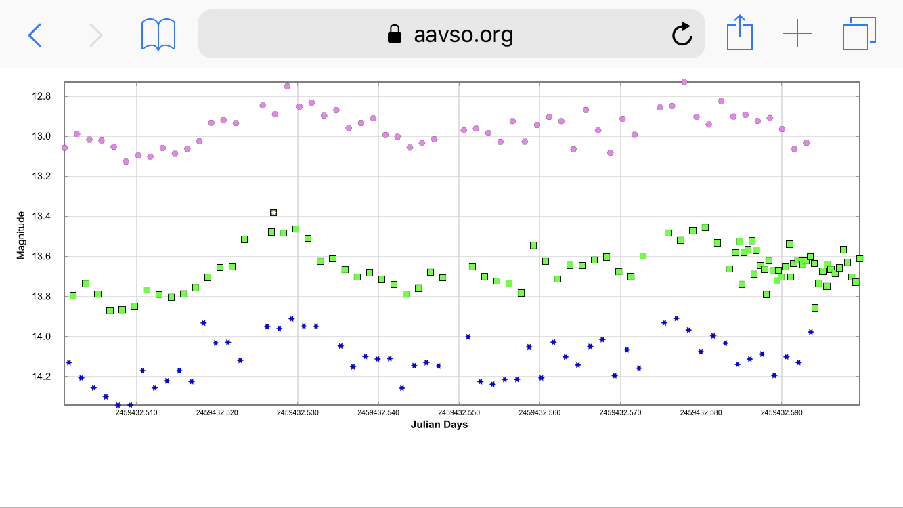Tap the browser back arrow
point(35,35)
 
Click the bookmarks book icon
point(158,35)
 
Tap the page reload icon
point(682,34)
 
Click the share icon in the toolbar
point(740,33)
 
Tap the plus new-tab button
point(797,34)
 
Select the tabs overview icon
point(859,34)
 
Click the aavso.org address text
point(464,34)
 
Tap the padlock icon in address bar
point(394,34)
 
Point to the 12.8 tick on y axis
point(43,96)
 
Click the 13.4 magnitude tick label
point(43,217)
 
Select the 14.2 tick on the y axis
point(43,377)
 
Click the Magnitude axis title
point(21,235)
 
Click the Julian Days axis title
point(439,425)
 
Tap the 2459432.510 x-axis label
point(136,412)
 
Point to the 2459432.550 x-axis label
point(459,412)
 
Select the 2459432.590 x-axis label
point(781,412)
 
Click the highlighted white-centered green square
point(273,213)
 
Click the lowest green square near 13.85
point(815,308)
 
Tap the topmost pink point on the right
point(684,82)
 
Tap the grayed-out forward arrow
point(96,35)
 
